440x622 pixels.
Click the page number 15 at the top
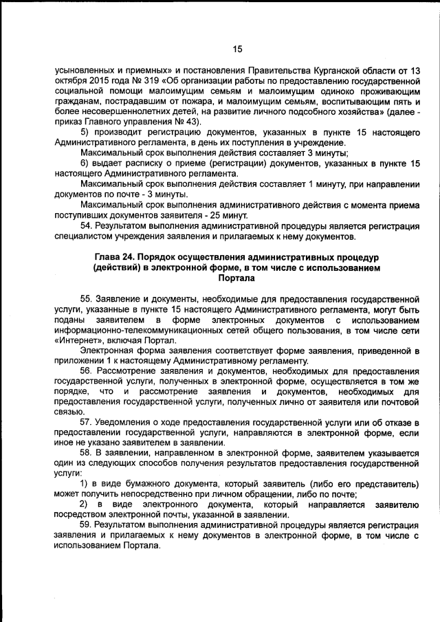237,49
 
